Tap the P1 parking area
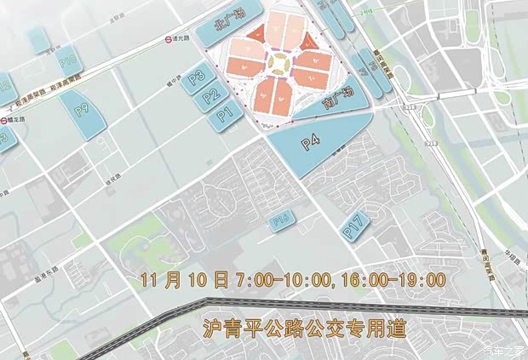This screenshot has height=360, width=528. click(225, 113)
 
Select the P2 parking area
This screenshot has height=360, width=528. click(212, 96)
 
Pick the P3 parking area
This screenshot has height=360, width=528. click(198, 77)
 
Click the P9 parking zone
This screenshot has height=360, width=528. click(83, 110)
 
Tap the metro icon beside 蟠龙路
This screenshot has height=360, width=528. click(3, 120)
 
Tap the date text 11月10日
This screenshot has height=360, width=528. click(186, 279)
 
